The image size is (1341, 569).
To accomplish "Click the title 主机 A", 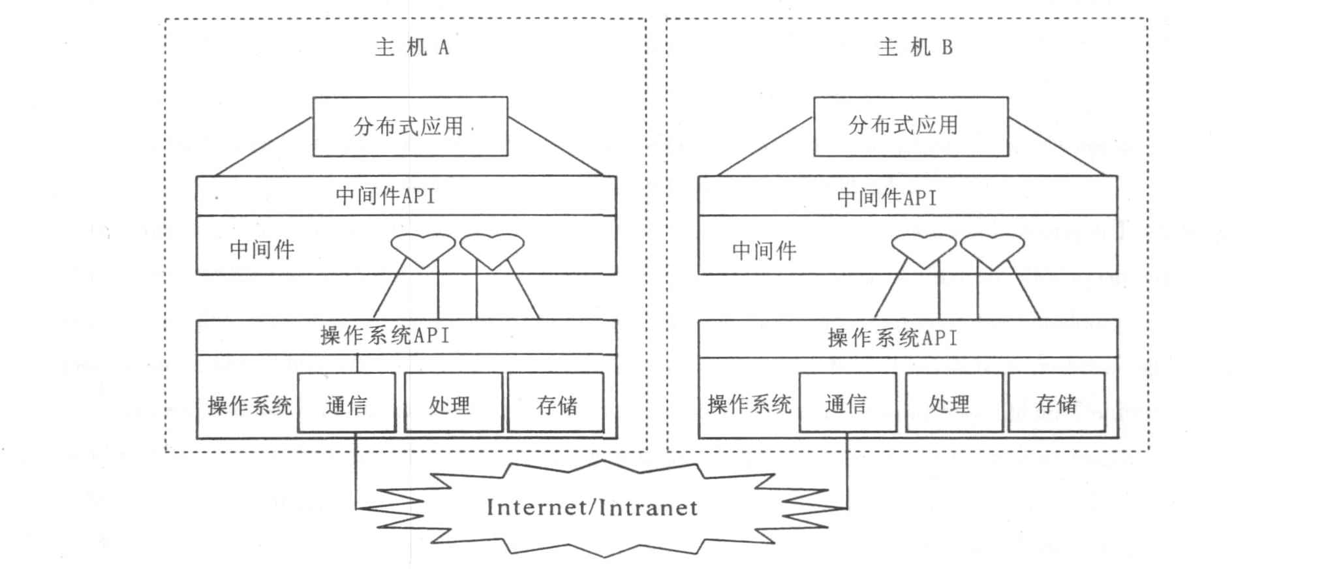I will [412, 48].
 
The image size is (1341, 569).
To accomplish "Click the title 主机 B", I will [915, 48].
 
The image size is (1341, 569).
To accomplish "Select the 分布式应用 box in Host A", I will [410, 127].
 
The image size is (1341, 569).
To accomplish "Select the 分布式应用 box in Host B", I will [910, 127].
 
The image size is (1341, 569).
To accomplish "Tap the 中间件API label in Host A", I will [385, 196].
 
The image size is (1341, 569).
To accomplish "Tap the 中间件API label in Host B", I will [887, 197].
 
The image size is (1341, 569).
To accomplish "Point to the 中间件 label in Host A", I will [262, 249].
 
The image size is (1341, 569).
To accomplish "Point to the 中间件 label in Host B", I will [764, 251].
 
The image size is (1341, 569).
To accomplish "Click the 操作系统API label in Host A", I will [385, 336].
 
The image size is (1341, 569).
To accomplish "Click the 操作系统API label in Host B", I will [892, 338].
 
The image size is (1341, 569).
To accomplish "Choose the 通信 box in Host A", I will [347, 403].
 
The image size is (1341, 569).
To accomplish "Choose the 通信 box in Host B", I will [847, 403].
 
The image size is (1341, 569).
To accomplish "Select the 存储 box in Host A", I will [556, 403].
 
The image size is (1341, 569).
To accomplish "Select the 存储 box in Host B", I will [1056, 403].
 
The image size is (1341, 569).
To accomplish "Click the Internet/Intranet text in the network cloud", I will [592, 508].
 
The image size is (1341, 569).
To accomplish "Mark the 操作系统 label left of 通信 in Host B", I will [749, 405].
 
